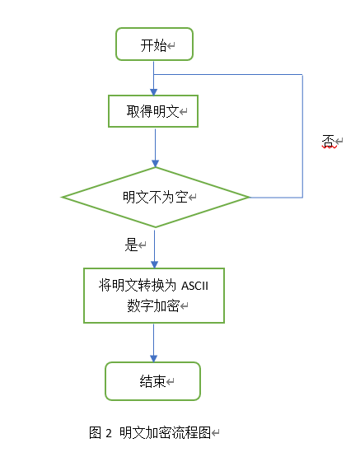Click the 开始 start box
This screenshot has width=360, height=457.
pos(154,44)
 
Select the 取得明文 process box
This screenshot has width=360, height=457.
pos(154,110)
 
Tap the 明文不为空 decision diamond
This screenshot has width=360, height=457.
pos(156,197)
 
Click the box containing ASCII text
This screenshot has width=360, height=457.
pos(154,295)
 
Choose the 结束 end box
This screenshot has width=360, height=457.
pos(152,381)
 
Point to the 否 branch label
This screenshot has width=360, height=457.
pos(327,142)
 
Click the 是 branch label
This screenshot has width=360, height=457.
pos(131,245)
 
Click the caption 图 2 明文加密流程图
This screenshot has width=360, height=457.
pos(152,432)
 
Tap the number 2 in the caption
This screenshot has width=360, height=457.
pos(108,432)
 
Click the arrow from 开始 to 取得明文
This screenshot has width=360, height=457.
pos(154,77)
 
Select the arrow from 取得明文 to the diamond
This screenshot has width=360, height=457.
pos(154,148)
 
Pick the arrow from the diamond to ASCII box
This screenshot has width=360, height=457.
pos(154,247)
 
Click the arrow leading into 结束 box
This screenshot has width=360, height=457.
pos(154,343)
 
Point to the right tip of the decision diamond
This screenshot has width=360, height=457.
pos(248,197)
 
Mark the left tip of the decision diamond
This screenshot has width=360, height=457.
pos(63,197)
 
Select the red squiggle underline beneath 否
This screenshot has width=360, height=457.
pos(327,148)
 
